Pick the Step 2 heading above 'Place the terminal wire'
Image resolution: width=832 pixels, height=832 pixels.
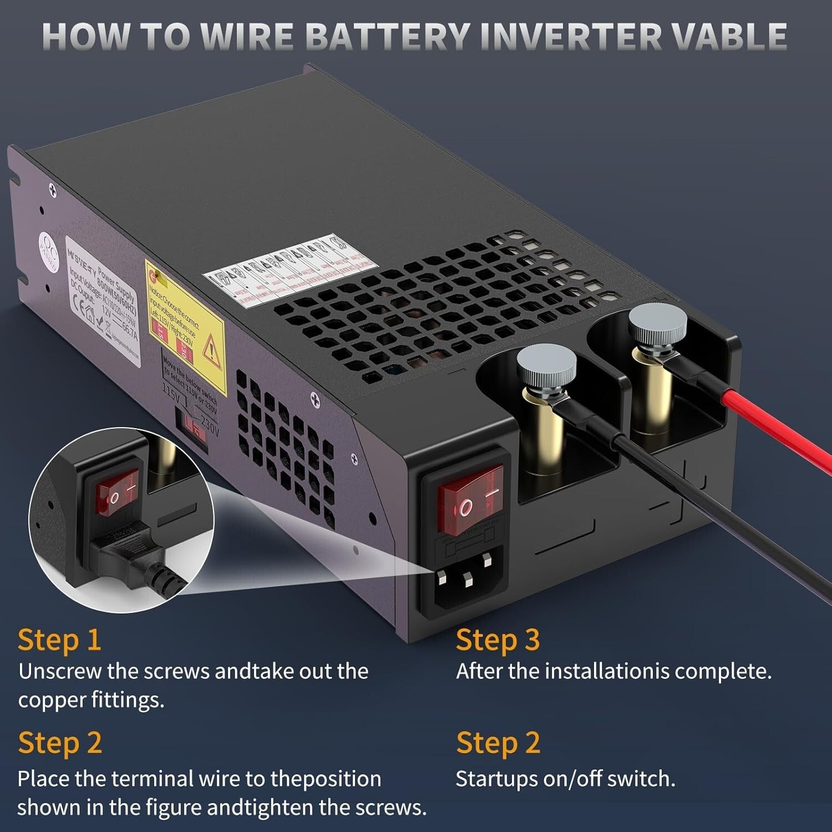tap(59, 743)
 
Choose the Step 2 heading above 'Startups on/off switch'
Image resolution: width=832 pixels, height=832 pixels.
tap(498, 743)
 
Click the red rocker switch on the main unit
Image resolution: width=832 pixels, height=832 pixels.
tap(471, 500)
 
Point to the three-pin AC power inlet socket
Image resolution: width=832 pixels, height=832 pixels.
tap(463, 580)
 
